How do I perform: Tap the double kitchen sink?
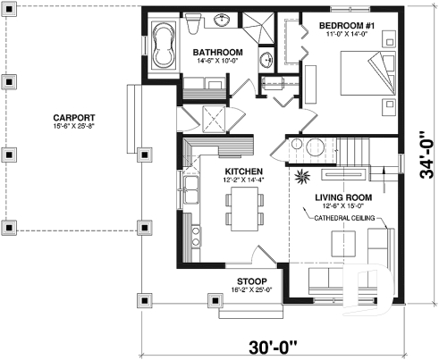(190, 189)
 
